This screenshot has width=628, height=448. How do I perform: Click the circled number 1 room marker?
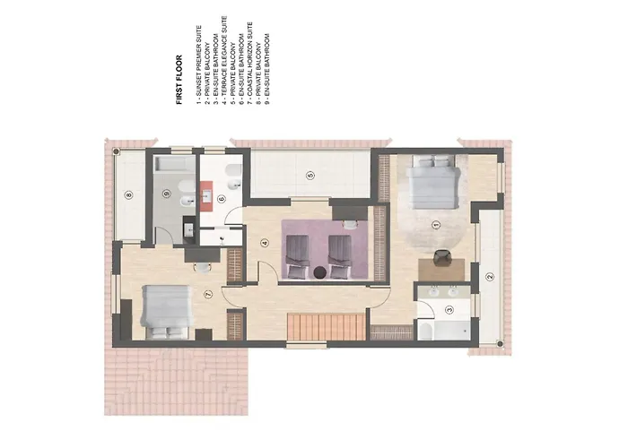[435, 224]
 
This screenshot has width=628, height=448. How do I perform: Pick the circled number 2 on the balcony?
[489, 277]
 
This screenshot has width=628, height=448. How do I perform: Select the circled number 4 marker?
[265, 242]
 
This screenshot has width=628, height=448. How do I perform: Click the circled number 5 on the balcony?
[310, 174]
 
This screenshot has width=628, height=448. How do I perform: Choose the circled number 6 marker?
[221, 199]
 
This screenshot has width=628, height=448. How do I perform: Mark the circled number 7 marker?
[207, 293]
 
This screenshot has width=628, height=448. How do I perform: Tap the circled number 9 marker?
[166, 192]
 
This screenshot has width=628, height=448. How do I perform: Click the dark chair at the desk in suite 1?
[441, 257]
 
